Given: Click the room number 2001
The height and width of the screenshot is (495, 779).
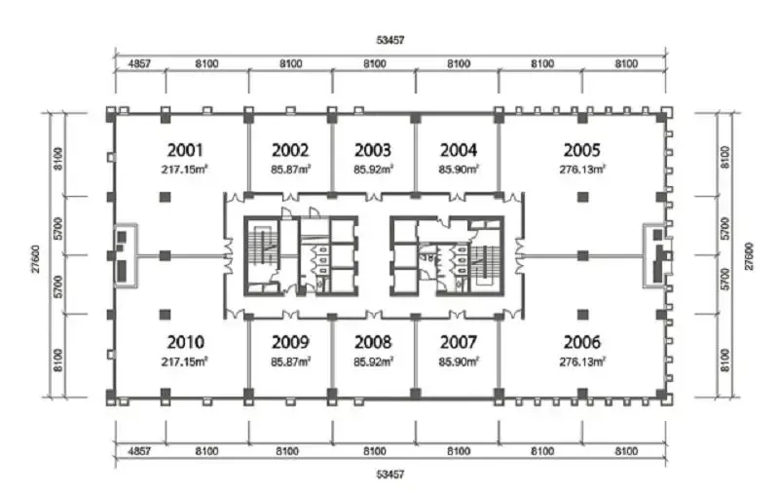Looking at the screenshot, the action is [185, 150].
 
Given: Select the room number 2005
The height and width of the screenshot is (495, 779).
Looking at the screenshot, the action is [581, 150].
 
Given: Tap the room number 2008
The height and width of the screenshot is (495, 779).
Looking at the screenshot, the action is [373, 342].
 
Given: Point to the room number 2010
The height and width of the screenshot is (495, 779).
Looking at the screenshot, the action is [185, 342].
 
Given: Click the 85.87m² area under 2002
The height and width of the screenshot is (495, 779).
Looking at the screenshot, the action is [290, 170].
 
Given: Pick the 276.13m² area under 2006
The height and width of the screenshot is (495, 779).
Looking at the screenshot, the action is [581, 362].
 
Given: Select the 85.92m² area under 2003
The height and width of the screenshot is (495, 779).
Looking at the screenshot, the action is [374, 170].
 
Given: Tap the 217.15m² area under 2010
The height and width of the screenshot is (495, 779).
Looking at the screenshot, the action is [184, 362].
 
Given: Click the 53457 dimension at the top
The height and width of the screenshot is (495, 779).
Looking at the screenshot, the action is [390, 40].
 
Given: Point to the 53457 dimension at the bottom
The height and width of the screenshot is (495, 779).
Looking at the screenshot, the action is [390, 475].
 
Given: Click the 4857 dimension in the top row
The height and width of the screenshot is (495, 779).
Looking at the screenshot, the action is [139, 63].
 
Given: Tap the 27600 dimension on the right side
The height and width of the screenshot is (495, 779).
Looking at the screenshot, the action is [749, 256].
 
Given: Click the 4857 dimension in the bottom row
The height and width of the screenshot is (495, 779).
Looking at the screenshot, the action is [139, 451].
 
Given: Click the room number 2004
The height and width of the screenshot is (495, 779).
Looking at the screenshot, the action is [459, 150].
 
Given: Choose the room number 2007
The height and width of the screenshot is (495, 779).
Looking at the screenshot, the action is [459, 342].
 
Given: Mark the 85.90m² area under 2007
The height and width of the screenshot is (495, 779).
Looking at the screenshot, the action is [459, 362].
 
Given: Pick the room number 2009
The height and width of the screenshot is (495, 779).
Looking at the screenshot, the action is [290, 342].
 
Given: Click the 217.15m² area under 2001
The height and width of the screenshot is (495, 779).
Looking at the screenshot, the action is [184, 170].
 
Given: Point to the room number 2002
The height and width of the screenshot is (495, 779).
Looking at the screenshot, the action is [290, 150].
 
